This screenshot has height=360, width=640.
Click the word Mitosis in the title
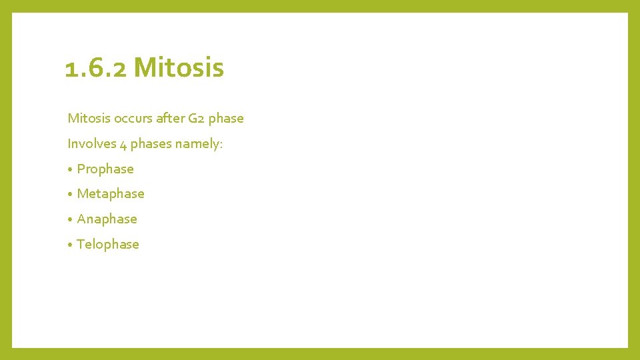179,67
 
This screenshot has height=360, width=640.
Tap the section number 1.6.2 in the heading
96,67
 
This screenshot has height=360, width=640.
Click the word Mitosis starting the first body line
89,118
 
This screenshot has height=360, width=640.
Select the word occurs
133,118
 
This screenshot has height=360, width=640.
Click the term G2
197,118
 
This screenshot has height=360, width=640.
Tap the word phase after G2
226,119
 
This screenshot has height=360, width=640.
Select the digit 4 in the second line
123,144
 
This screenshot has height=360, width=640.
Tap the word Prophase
105,169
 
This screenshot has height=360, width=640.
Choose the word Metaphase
111,194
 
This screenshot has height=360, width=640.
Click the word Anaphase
107,219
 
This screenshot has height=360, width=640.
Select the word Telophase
108,245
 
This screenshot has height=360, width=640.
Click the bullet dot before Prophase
70,170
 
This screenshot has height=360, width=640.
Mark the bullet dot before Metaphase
70,195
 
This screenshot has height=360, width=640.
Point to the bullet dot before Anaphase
70,220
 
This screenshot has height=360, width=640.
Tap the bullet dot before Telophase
70,245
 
